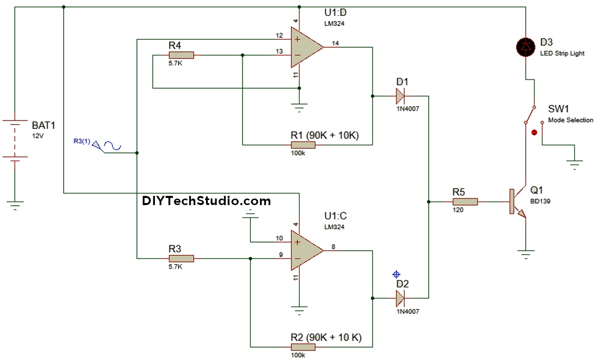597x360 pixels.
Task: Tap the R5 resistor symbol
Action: tap(465, 202)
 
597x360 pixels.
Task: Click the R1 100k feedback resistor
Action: tap(303, 145)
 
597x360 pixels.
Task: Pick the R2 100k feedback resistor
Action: tap(303, 347)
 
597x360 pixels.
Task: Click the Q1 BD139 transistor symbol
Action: tap(517, 202)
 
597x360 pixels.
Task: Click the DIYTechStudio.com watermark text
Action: tap(206, 201)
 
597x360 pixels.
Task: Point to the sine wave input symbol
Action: tap(112, 147)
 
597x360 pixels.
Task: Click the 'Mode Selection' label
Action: tap(570, 120)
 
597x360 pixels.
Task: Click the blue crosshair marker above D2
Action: tap(395, 274)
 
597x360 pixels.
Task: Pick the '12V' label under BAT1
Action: tap(38, 137)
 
